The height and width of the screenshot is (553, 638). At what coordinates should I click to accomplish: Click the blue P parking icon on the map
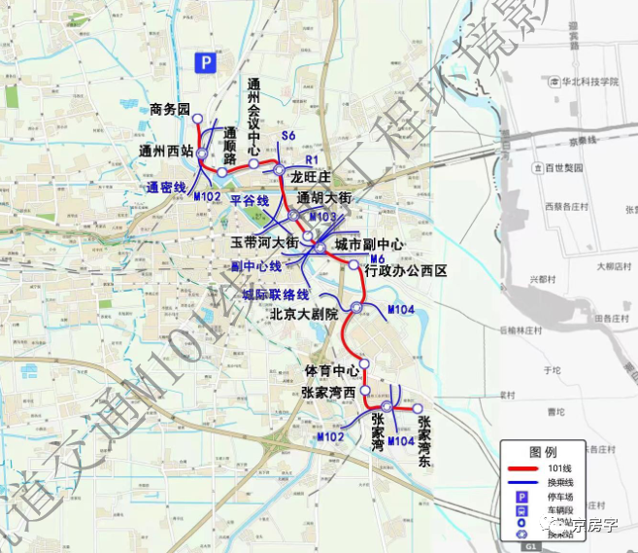[205, 62]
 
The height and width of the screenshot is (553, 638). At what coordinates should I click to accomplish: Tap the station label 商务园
[171, 109]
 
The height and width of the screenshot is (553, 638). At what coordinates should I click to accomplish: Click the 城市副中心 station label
[368, 243]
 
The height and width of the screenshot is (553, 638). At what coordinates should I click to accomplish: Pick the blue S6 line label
[286, 135]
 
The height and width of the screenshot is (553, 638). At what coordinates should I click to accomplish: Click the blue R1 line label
[311, 158]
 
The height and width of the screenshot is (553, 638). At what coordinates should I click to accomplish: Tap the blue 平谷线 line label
[249, 200]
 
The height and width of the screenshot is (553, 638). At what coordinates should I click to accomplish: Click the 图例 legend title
[543, 451]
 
